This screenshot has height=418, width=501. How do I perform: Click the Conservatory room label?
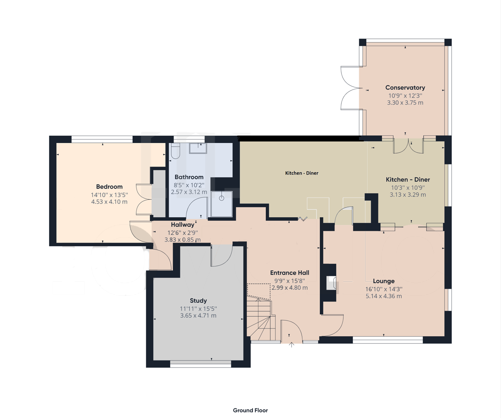[x=405, y=88]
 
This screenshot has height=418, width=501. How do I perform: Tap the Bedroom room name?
[x=109, y=187]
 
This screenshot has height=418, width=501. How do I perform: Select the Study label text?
[x=198, y=300]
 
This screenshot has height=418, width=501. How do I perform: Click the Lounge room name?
[x=384, y=281]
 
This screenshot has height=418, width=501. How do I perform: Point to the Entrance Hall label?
[x=289, y=273]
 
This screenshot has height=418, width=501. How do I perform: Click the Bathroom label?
[x=189, y=177]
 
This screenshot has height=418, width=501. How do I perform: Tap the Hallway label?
[x=182, y=224]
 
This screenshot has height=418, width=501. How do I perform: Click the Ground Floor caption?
[x=250, y=410]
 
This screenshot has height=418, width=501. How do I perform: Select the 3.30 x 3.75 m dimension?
[x=405, y=103]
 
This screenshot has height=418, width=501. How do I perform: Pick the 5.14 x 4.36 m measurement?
[x=384, y=296]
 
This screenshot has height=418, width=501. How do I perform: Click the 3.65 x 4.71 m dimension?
[x=198, y=316]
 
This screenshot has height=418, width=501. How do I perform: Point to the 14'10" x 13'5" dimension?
[x=109, y=195]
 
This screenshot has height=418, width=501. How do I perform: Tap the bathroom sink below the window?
[x=198, y=148]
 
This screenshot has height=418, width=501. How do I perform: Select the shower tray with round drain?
[x=222, y=204]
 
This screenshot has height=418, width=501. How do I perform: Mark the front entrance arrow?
[x=292, y=345]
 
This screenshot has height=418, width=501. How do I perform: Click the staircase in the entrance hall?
[x=261, y=319]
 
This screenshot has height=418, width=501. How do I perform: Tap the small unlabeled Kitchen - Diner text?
[x=301, y=173]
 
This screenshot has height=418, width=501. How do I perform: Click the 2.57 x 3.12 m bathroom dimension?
[x=189, y=192]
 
